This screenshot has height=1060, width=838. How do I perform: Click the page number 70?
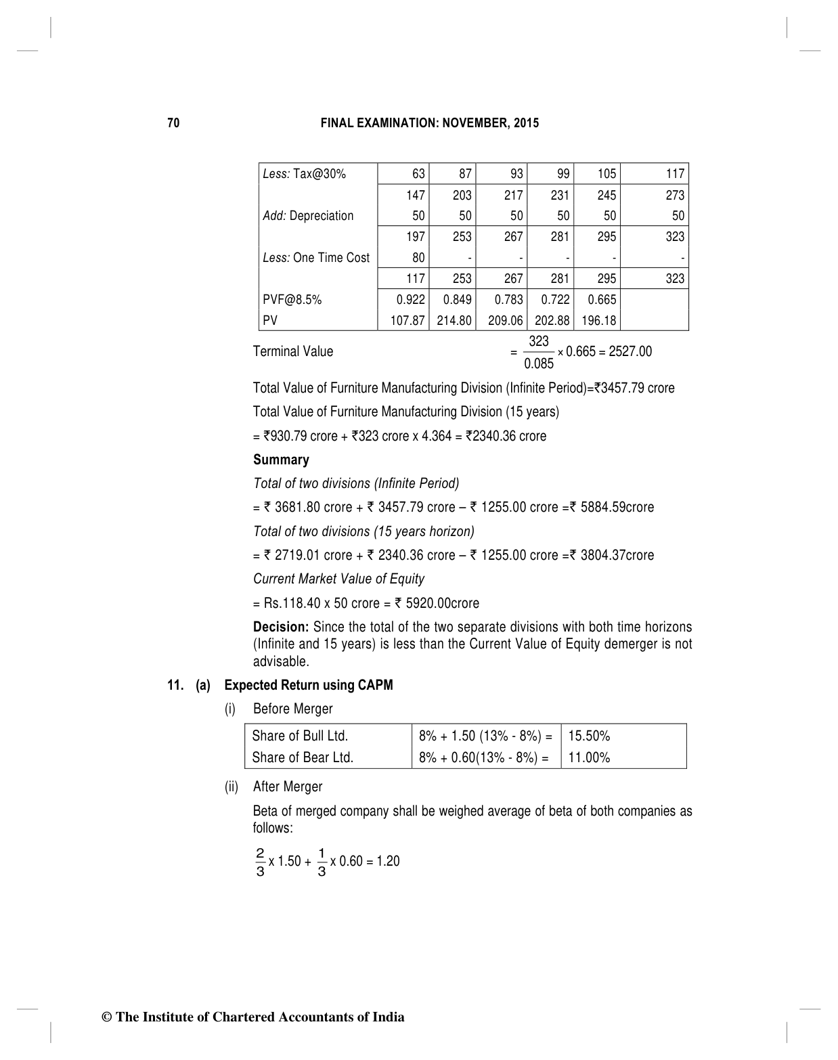173,123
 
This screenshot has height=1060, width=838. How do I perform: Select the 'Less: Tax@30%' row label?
304,174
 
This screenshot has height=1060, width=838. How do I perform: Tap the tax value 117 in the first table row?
674,174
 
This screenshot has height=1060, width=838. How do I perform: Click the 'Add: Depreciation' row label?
308,216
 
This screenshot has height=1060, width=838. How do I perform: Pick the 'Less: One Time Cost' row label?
316,258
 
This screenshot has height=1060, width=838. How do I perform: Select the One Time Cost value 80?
418,258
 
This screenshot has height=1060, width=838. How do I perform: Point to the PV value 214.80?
454,320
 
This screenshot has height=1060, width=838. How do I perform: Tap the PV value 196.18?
598,320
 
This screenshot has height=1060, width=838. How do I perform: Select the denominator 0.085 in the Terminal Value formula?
539,363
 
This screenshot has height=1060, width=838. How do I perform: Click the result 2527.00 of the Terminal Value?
630,351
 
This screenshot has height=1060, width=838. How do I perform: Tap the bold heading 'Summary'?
281,460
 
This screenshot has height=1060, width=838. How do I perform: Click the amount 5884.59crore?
617,507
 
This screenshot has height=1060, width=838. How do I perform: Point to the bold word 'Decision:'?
281,627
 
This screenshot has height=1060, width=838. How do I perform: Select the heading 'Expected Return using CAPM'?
308,685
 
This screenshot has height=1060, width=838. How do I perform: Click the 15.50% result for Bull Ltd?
589,736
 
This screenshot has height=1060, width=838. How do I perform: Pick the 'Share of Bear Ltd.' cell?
303,757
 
